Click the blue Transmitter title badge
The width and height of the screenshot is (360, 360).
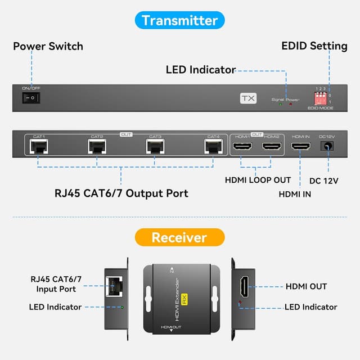[x=180, y=20]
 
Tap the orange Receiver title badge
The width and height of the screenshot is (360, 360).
[x=180, y=237]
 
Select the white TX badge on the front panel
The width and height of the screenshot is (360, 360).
[x=248, y=98]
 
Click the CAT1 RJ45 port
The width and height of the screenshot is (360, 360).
[x=38, y=147]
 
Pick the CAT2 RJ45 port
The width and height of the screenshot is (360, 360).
[x=97, y=147]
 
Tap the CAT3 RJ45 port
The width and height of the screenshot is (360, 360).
[x=155, y=147]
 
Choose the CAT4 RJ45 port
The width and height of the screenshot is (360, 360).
[x=213, y=147]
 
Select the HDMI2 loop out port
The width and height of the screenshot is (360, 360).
[x=272, y=147]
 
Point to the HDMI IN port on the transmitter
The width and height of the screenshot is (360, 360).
[x=301, y=147]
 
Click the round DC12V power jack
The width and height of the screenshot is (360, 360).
[x=327, y=147]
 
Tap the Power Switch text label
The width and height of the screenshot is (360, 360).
[x=48, y=46]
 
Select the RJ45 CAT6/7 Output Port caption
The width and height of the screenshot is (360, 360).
[x=121, y=193]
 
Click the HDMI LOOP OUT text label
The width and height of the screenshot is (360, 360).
[x=258, y=180]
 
